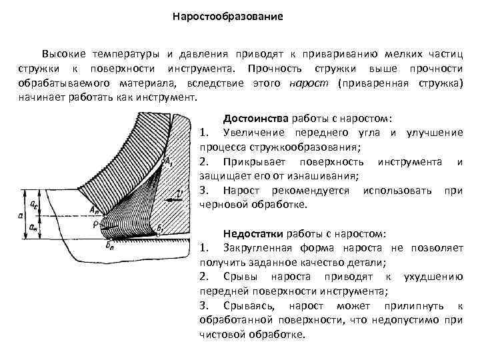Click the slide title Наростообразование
pos(228,15)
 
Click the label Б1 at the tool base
pos(161,227)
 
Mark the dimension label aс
pos(33,198)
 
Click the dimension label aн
pos(33,226)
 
